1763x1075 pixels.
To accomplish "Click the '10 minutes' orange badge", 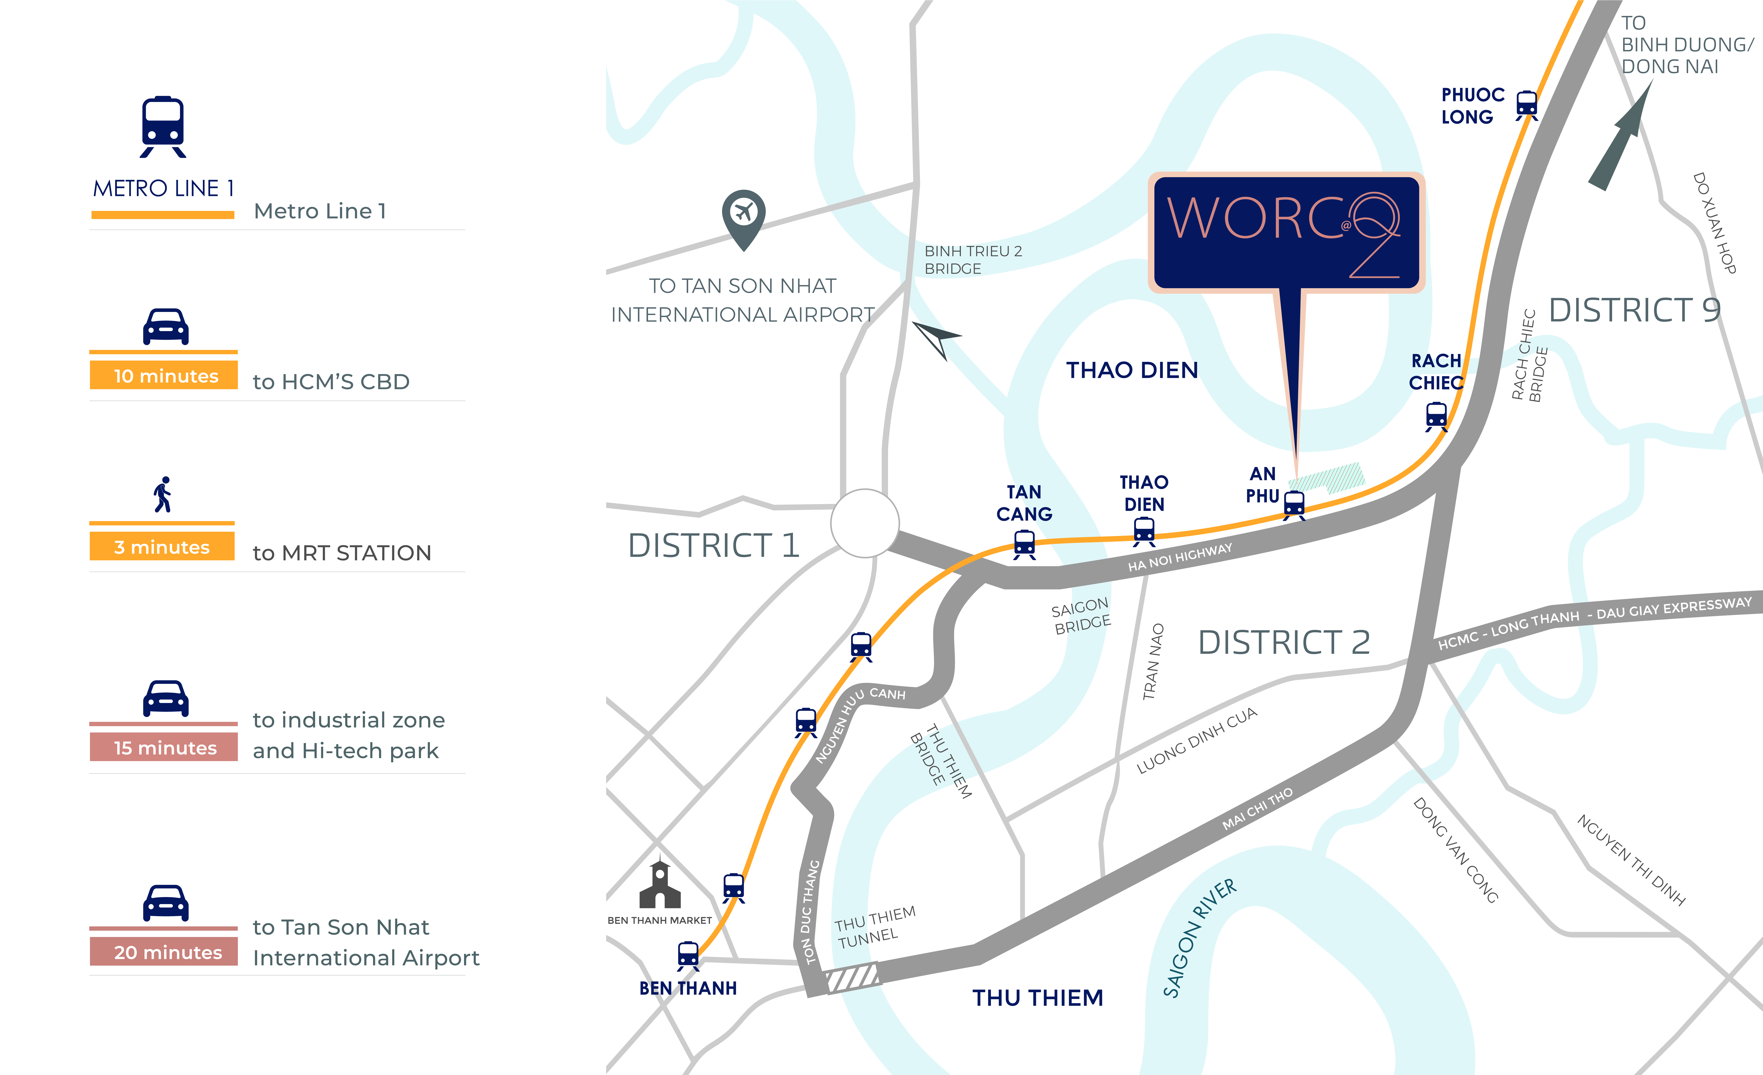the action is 164,376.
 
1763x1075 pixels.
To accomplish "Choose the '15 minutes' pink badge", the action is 164,747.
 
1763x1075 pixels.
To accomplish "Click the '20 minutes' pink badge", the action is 164,952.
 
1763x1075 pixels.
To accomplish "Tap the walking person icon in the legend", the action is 163,495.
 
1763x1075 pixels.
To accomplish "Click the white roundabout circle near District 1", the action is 865,523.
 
